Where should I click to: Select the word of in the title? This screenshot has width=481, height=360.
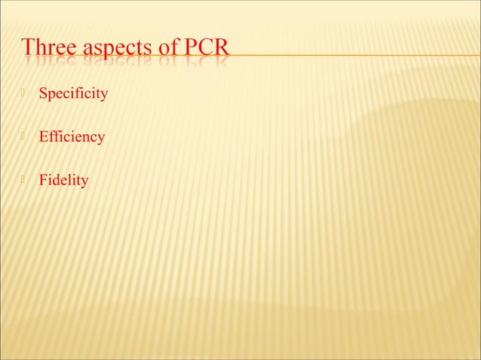[166, 48]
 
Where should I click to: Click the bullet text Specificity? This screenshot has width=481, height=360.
[73, 94]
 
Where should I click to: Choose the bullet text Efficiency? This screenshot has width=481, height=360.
[72, 137]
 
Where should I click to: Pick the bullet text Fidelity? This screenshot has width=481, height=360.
[63, 180]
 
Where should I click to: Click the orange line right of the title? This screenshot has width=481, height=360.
[354, 55]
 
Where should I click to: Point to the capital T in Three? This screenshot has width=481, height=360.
[29, 48]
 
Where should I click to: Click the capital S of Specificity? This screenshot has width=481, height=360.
[43, 94]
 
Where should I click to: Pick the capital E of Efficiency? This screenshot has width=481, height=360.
[44, 137]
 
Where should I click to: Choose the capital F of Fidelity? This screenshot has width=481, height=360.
[44, 180]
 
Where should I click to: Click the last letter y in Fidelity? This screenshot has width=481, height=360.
[84, 182]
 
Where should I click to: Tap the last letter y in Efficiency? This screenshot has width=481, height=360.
[101, 139]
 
